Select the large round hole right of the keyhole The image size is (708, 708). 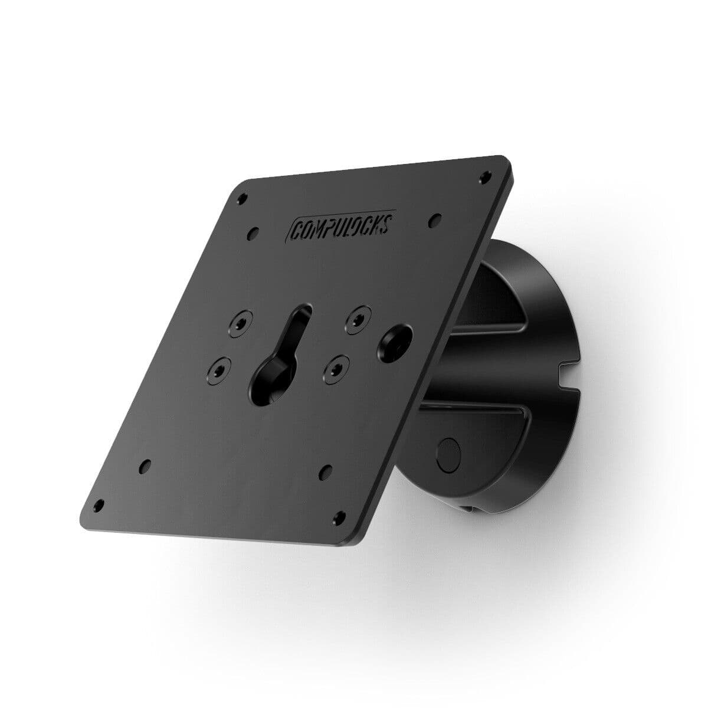[393, 341]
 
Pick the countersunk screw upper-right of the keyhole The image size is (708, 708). [358, 318]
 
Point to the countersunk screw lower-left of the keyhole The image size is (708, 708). [218, 371]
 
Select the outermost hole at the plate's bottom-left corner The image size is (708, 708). [99, 506]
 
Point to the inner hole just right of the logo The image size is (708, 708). [435, 219]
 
